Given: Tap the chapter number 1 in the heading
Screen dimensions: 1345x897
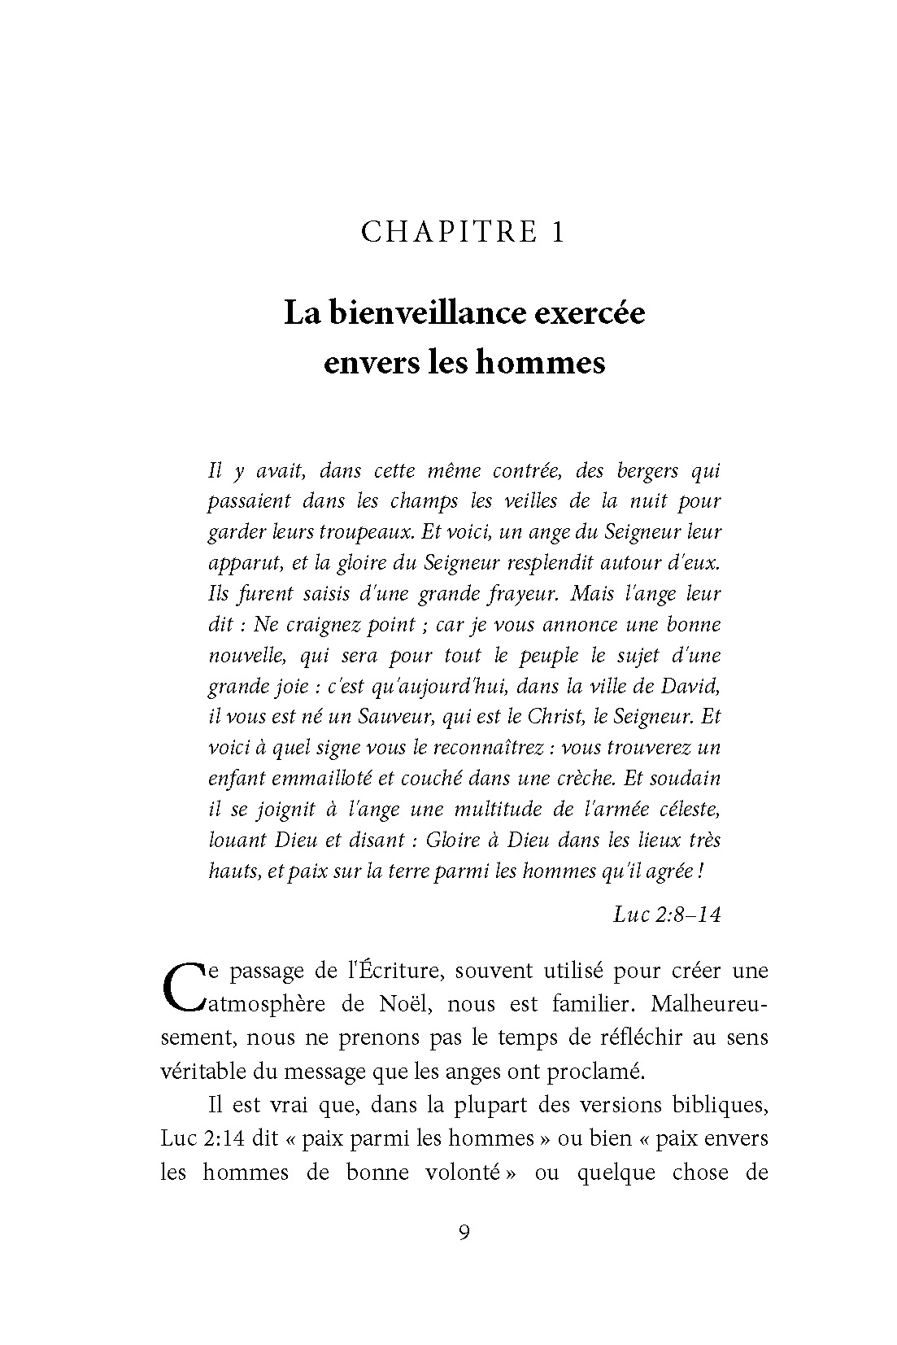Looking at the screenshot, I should click(557, 233).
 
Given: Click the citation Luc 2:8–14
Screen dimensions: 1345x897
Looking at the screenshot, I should click(667, 914).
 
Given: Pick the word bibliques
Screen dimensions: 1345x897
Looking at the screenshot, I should click(719, 1106).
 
